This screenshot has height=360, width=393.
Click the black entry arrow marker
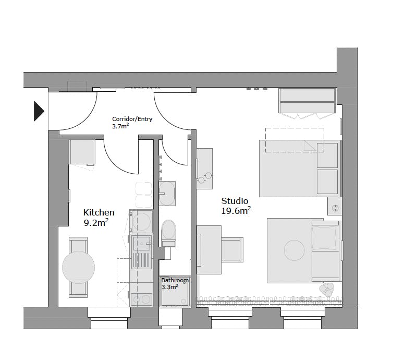click(39, 111)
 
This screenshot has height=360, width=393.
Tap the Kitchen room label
click(99, 212)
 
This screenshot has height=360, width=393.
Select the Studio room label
click(235, 201)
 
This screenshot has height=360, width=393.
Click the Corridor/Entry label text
click(132, 119)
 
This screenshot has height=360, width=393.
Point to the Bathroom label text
click(175, 280)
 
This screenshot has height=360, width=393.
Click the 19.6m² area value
click(236, 211)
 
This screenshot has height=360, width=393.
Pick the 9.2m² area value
click(96, 223)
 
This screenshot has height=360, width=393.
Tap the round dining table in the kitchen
click(79, 267)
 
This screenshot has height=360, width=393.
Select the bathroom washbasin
click(167, 194)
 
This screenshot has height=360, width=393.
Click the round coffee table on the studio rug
click(294, 250)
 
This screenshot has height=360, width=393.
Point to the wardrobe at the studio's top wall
click(307, 101)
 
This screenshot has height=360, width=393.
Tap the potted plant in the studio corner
click(327, 289)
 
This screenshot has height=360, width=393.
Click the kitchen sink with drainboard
click(142, 251)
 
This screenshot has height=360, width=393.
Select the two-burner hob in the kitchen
click(142, 299)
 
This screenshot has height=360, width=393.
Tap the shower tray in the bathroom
click(175, 291)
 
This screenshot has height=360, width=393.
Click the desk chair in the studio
click(232, 250)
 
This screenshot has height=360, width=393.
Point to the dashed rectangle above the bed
click(295, 140)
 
